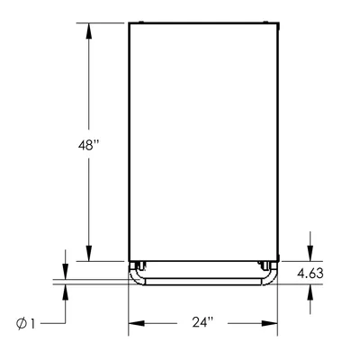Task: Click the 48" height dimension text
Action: [x=88, y=146]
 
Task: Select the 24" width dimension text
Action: [x=202, y=322]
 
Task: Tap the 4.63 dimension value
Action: [x=310, y=274]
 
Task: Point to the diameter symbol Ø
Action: [x=22, y=324]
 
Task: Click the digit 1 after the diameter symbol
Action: [x=32, y=324]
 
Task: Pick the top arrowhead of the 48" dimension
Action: [x=88, y=31]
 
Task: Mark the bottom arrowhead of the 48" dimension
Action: [x=88, y=254]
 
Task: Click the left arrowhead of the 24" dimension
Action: [x=137, y=323]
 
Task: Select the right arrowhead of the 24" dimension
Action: [x=269, y=323]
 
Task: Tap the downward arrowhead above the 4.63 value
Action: [x=310, y=254]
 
